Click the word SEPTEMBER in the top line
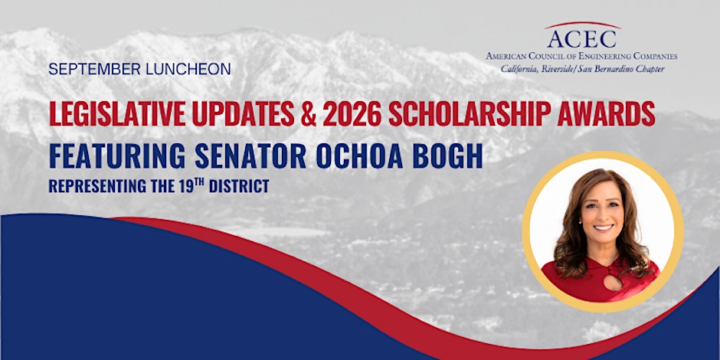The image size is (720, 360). [94, 69]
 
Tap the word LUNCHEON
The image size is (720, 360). [188, 69]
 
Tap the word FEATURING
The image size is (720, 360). [117, 156]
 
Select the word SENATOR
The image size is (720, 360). [250, 156]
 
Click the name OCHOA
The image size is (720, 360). [359, 156]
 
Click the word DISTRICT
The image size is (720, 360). [239, 186]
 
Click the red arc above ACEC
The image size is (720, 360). [583, 25]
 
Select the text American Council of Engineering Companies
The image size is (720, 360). [582, 57]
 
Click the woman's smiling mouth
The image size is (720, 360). [604, 227]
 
